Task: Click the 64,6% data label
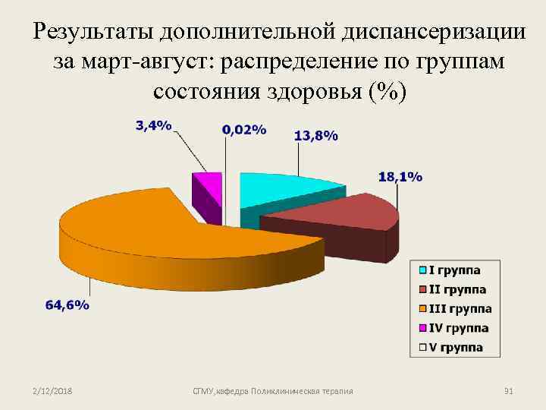[67, 305]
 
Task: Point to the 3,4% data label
[153, 126]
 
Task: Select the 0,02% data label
[243, 130]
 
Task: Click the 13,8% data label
[315, 136]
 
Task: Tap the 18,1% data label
[400, 177]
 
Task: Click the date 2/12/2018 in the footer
[53, 391]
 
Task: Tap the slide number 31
[509, 391]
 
